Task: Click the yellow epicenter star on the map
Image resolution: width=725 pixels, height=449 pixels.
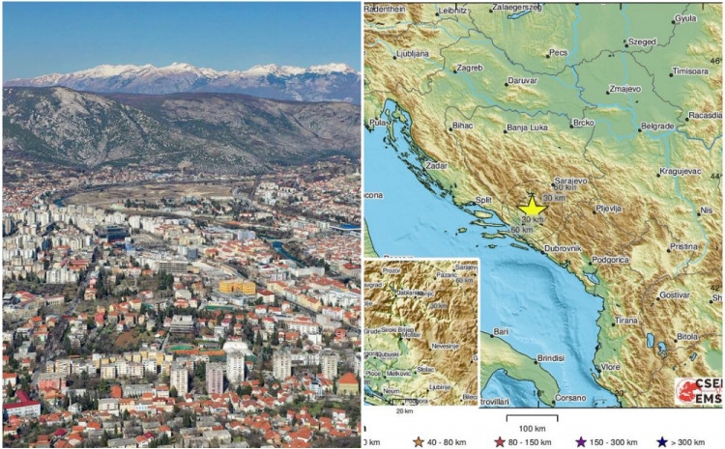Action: pos(532,206)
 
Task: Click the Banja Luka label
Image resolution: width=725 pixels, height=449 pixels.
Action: pos(529,126)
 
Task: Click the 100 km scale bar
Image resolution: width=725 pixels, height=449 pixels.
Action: pos(528,419)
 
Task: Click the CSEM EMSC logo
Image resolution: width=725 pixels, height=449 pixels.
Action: pos(698,392)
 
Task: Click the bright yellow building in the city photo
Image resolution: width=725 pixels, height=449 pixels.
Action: pos(237,287)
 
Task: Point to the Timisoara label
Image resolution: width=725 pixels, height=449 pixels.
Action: pos(690,71)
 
